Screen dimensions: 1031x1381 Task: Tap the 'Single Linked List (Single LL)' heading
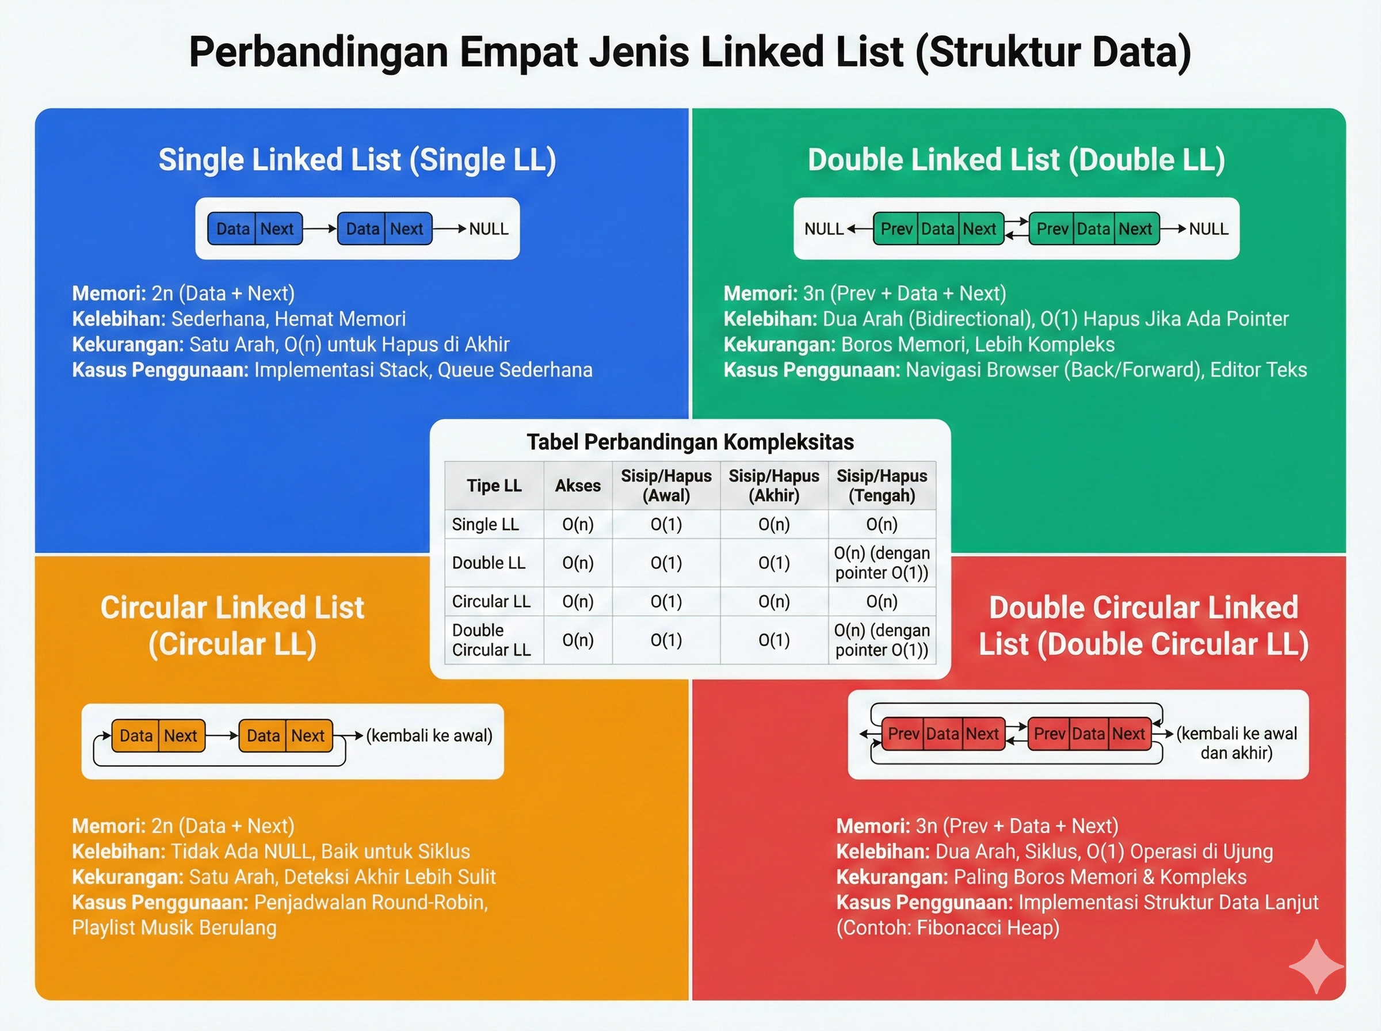coord(357,160)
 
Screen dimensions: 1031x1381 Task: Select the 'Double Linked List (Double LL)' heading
coord(1016,160)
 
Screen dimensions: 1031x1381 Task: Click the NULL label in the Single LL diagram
coord(489,229)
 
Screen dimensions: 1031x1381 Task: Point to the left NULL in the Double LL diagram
coord(824,229)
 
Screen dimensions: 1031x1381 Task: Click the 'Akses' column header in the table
coord(578,486)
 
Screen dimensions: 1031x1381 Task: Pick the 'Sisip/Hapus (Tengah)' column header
coord(881,486)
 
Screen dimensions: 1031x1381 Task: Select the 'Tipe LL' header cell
coord(494,486)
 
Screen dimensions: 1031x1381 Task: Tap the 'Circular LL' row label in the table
coord(491,602)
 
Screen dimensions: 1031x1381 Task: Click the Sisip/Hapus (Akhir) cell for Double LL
coord(774,563)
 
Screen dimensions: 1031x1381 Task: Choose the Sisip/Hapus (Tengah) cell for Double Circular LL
coord(881,640)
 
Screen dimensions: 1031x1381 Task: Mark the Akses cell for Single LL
coord(578,524)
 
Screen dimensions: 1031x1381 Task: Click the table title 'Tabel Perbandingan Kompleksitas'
coord(689,442)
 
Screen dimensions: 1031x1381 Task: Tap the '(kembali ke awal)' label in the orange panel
coord(429,736)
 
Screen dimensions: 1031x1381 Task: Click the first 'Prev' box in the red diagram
coord(903,734)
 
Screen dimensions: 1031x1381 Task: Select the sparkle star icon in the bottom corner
coord(1315,967)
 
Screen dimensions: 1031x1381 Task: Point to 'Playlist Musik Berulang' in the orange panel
coord(174,928)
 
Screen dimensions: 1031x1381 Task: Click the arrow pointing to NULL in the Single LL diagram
coord(449,229)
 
